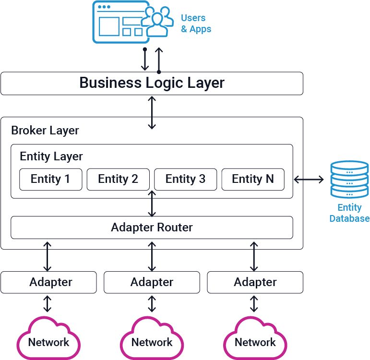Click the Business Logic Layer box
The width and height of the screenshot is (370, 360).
(152, 83)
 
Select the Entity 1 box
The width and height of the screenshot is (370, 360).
(50, 179)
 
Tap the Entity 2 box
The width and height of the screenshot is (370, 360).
(118, 179)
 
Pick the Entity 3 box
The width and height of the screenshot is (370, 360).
(185, 179)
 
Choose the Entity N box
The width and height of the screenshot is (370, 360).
(252, 179)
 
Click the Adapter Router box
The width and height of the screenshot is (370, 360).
(152, 227)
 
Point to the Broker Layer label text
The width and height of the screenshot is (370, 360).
(45, 131)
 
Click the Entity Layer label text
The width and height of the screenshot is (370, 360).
(51, 156)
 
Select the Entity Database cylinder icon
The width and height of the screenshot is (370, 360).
(349, 180)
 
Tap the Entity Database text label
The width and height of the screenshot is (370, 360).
(349, 213)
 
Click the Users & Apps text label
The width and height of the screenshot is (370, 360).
(196, 24)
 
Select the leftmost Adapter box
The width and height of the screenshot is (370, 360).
(48, 282)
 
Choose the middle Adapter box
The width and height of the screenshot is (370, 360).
(152, 282)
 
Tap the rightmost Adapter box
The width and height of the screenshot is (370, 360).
(255, 282)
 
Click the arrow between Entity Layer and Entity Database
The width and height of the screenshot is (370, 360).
(309, 180)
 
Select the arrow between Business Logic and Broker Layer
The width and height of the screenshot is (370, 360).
(152, 112)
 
